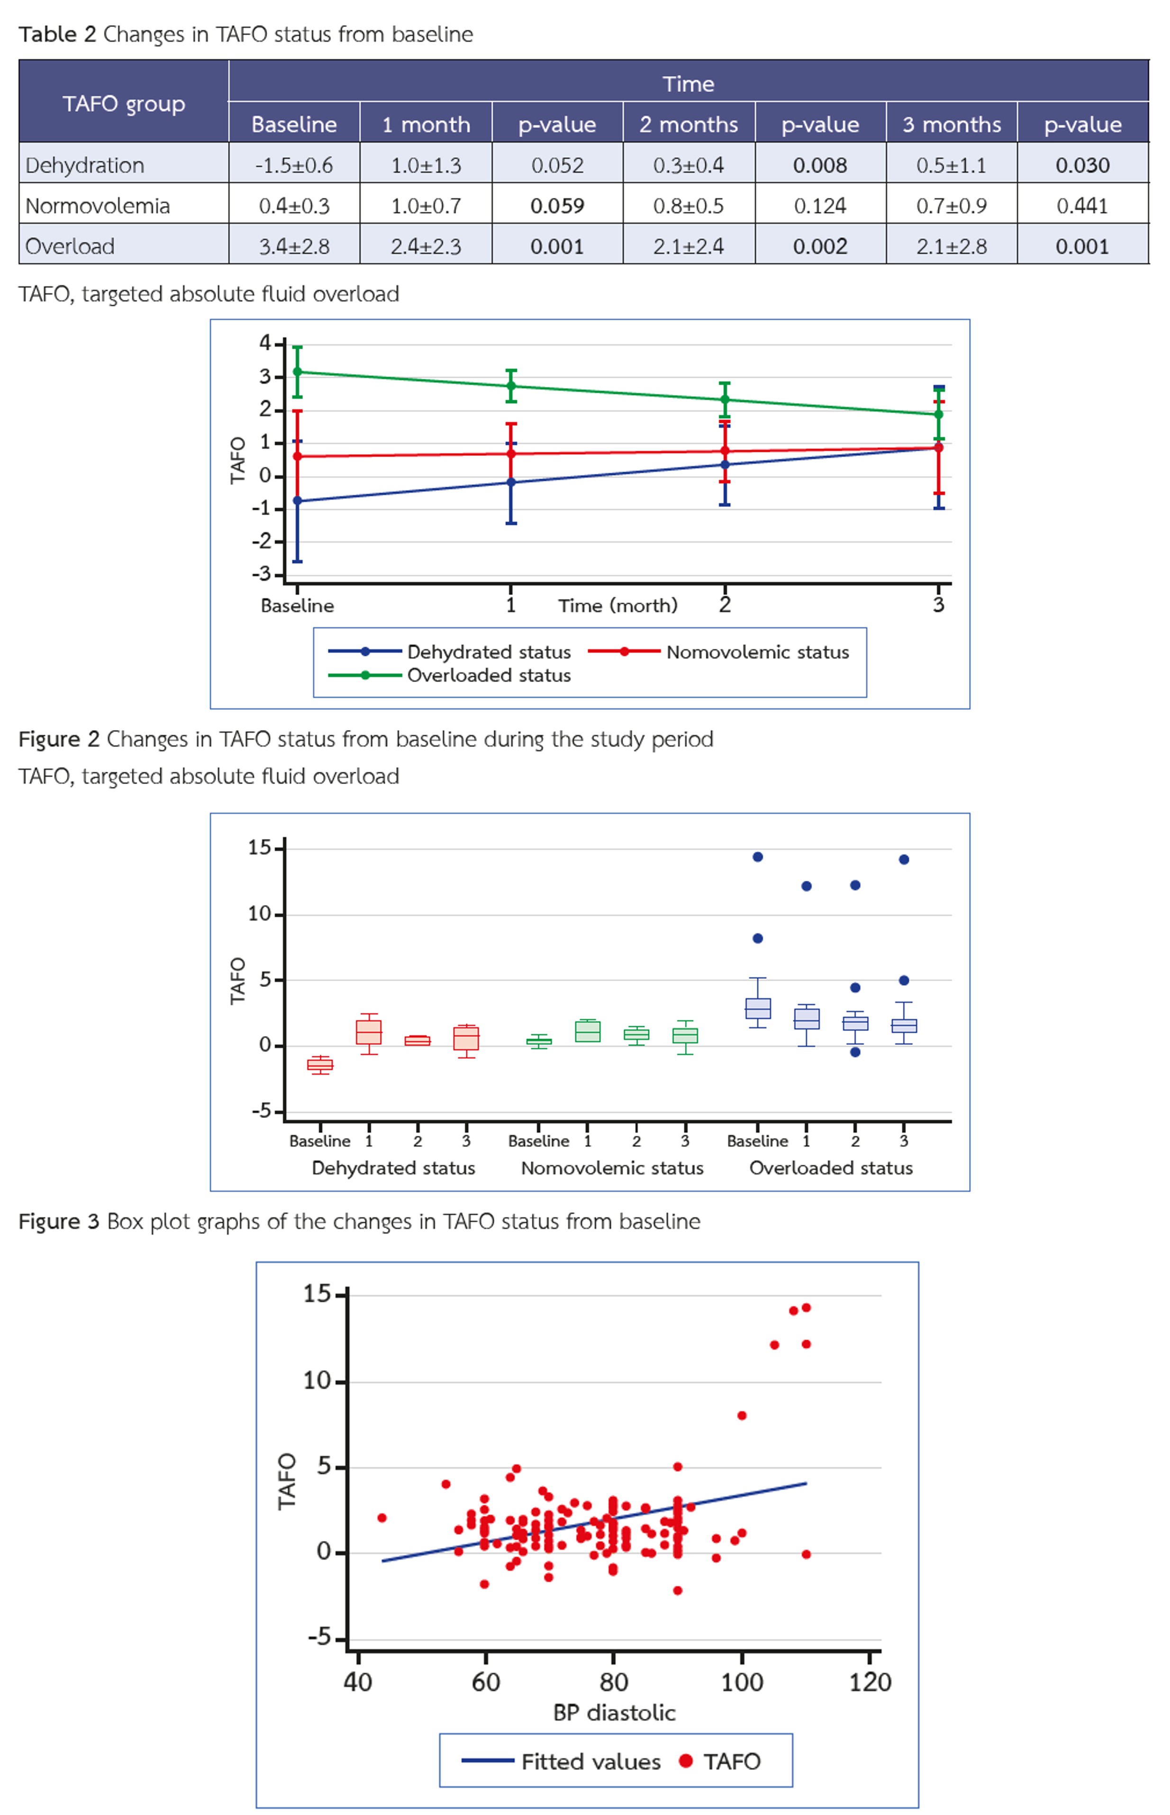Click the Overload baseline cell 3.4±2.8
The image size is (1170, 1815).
(294, 246)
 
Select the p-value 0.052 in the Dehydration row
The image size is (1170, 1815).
(557, 165)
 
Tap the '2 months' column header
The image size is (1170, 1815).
(689, 124)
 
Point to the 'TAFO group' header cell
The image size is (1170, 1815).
(123, 103)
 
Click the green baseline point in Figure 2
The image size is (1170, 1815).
(297, 371)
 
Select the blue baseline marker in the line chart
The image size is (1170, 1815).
(297, 501)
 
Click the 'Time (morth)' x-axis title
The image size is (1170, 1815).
(617, 605)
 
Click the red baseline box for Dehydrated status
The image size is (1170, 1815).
(320, 1065)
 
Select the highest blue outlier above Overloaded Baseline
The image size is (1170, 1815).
(757, 857)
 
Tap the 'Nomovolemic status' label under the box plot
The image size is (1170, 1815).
(612, 1168)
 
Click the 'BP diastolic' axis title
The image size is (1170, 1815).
(614, 1713)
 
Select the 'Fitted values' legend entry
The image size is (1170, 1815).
(590, 1762)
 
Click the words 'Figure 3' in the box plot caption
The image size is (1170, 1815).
(58, 1221)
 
